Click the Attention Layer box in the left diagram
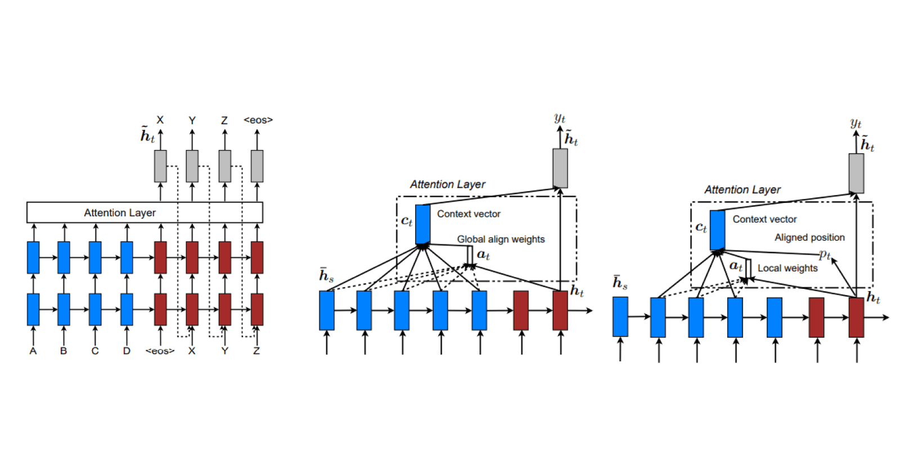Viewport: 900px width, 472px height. coord(145,212)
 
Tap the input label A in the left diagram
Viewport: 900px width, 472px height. coord(33,351)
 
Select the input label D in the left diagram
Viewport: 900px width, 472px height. coord(127,351)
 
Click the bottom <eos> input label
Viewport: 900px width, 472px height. coord(160,351)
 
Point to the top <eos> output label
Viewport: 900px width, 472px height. coord(258,120)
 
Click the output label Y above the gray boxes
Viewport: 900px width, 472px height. coord(192,120)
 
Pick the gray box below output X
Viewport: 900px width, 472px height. coord(160,166)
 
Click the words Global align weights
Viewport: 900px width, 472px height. coord(501,239)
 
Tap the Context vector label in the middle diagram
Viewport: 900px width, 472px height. coord(469,214)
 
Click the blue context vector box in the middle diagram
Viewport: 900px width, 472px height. coord(423,224)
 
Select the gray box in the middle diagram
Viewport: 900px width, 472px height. coord(560,168)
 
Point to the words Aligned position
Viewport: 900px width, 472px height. coord(809,237)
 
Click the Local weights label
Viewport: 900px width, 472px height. coord(787,268)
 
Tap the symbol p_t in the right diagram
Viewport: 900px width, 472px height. coord(825,254)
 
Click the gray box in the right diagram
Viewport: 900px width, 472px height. coord(856,173)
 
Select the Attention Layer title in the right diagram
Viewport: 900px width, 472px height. coord(742,190)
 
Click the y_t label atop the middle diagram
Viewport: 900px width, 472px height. coord(560,117)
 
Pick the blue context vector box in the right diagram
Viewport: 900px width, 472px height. coord(717,230)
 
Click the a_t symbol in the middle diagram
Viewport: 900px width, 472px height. coord(483,255)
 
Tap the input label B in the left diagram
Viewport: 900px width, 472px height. coord(64,351)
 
